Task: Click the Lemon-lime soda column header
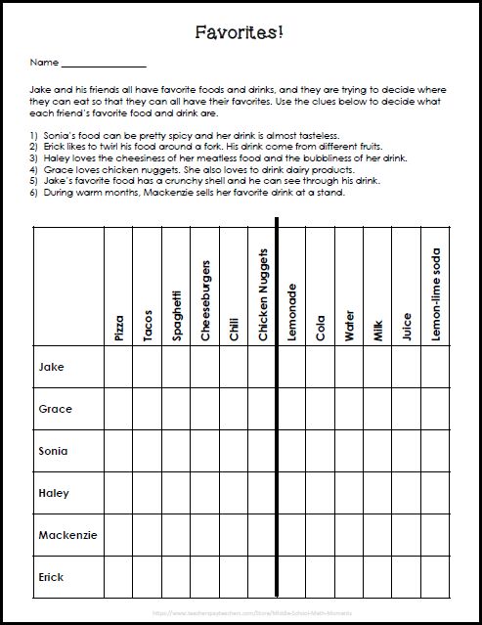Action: click(436, 294)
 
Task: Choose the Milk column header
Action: click(378, 328)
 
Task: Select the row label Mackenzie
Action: click(66, 535)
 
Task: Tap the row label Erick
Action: click(52, 577)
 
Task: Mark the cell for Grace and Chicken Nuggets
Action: click(263, 409)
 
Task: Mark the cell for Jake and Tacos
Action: click(148, 367)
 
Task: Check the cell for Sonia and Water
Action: click(349, 451)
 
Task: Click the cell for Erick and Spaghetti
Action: click(176, 577)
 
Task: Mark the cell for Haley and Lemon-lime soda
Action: click(436, 493)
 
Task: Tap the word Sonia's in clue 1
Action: click(54, 134)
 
